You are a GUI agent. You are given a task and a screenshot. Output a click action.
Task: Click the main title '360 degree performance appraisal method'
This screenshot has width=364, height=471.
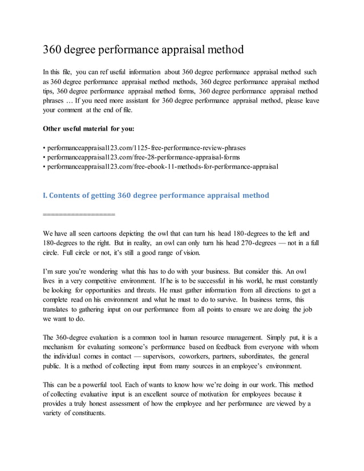pyautogui.click(x=143, y=49)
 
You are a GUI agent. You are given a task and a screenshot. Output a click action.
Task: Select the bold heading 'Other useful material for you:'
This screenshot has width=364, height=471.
pyautogui.click(x=88, y=128)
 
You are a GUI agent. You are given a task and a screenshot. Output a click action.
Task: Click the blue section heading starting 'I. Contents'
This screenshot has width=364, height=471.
pyautogui.click(x=156, y=195)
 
